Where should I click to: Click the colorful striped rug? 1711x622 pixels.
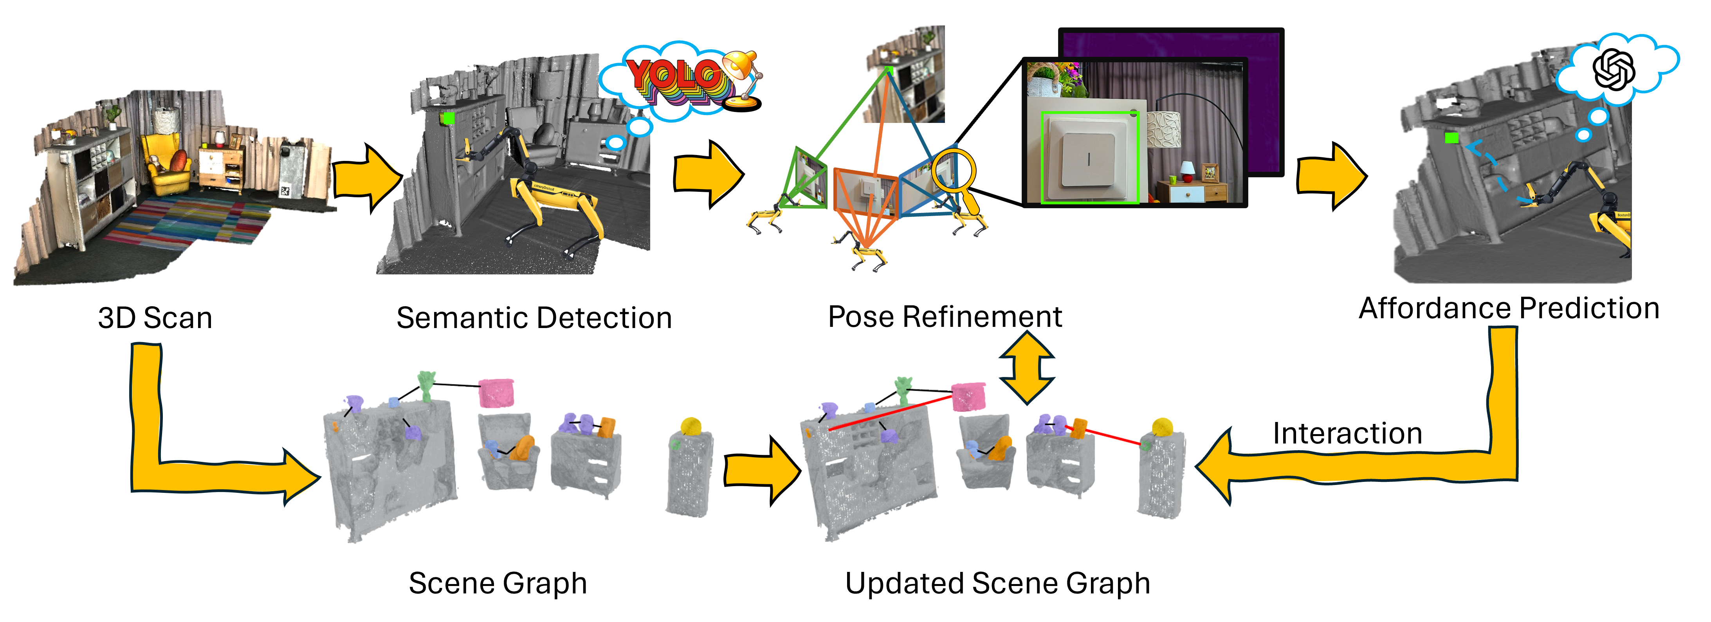click(193, 219)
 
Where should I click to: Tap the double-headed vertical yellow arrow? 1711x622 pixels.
click(1027, 368)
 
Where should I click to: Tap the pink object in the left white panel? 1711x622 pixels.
click(496, 393)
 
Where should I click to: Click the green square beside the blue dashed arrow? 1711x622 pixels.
click(1451, 137)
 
